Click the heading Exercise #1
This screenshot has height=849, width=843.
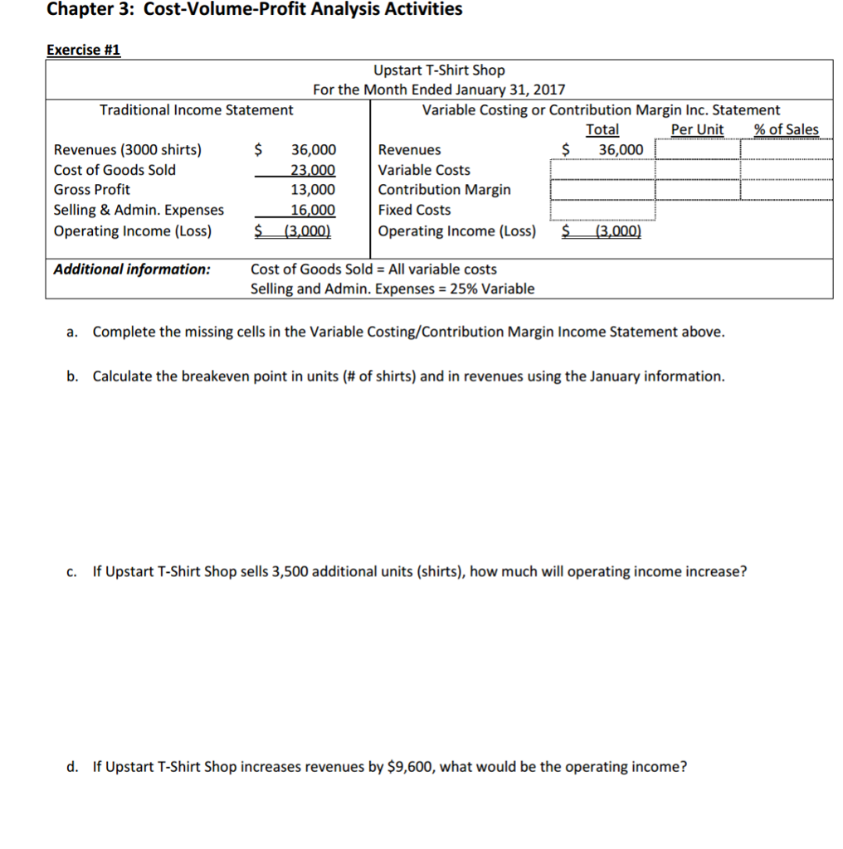84,50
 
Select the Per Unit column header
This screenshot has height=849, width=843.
696,129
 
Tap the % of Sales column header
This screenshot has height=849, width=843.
786,129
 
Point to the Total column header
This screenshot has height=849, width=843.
602,129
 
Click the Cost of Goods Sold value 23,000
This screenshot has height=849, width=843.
313,170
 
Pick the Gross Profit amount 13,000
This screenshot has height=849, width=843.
313,190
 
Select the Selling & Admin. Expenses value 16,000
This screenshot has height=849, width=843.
313,211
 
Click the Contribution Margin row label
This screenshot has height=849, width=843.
444,190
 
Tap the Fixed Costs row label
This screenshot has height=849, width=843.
414,211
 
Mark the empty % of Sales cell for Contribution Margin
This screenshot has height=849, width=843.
786,190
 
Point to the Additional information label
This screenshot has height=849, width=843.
132,269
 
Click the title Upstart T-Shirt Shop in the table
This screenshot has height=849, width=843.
439,70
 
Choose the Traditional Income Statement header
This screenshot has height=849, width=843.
196,110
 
